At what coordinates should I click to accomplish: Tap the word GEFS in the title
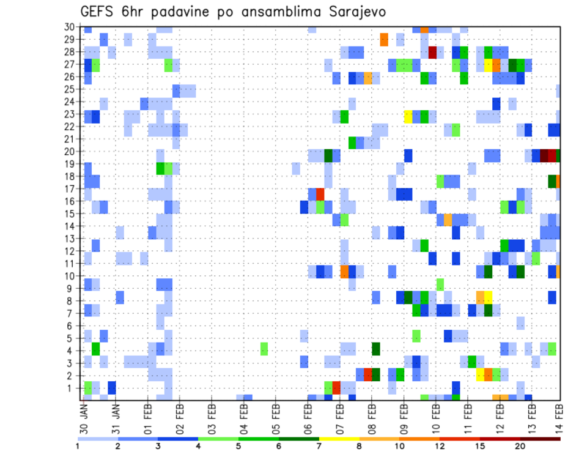pos(100,12)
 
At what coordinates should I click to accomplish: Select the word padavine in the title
pos(181,12)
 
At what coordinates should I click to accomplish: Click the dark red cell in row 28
pos(433,52)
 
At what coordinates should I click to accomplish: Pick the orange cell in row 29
pos(384,40)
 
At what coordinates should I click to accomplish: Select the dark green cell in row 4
pos(376,349)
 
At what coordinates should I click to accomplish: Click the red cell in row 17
pos(320,194)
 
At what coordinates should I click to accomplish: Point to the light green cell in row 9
pos(440,285)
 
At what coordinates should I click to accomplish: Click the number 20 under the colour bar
pos(520,446)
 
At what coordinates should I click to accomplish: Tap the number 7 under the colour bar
pos(319,446)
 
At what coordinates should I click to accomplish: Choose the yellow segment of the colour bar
pos(339,439)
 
